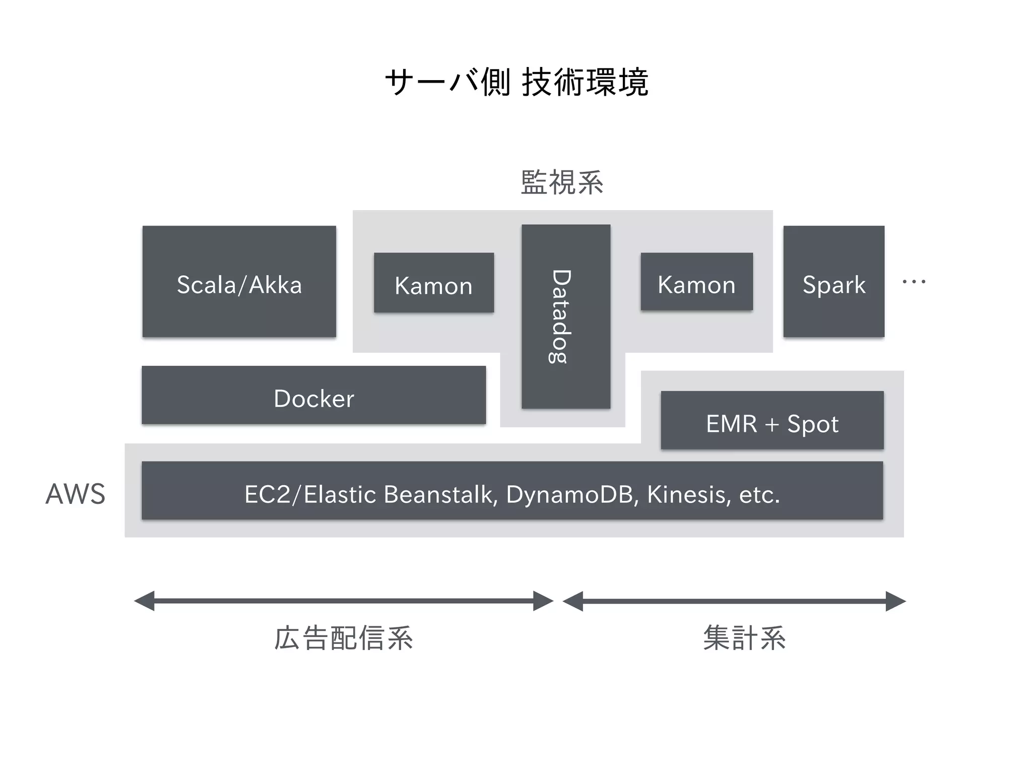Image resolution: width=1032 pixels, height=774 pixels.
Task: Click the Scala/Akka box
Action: coord(239,281)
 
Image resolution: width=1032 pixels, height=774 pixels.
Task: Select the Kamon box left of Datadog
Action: coord(433,283)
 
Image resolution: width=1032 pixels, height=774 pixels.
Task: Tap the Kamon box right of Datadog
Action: coord(696,282)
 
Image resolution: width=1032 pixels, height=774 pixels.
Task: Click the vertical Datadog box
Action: coord(565,316)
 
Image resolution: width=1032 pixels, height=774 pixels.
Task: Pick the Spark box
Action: coord(833,281)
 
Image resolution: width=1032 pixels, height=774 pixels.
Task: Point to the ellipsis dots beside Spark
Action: coord(914,282)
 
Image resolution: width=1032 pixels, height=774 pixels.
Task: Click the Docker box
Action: coord(313,395)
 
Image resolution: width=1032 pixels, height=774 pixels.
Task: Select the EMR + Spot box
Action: coord(772,420)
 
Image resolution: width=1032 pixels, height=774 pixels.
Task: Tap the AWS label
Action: coord(76,494)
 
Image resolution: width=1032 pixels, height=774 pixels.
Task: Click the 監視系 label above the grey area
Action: coord(561,182)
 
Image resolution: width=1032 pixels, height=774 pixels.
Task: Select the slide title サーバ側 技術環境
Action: coord(516,82)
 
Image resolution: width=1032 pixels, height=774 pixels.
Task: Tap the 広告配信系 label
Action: coord(344,638)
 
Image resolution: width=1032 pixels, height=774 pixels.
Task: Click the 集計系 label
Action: coord(744,638)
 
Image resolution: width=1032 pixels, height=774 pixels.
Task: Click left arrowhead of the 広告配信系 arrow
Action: coord(145,601)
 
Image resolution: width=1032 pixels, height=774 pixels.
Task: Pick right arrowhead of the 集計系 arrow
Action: coord(895,601)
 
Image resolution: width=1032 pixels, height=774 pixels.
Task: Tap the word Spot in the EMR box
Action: coord(813,424)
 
